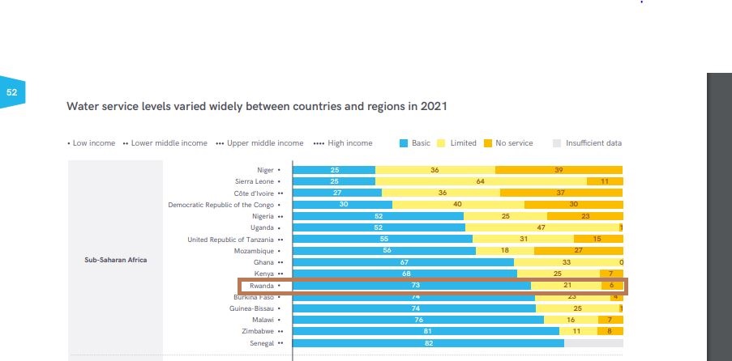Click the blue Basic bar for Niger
tap(334, 170)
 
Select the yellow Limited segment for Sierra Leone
tap(481, 181)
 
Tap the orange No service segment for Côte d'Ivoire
tap(561, 193)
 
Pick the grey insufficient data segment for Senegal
tap(593, 343)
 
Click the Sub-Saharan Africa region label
tap(115, 260)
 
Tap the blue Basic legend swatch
tap(404, 143)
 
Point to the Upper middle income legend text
tap(264, 143)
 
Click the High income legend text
tap(349, 143)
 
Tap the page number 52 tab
tap(12, 93)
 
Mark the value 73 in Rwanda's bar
tap(415, 286)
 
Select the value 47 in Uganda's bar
tap(541, 228)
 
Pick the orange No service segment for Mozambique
tap(578, 251)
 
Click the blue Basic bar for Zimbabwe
tap(426, 331)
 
